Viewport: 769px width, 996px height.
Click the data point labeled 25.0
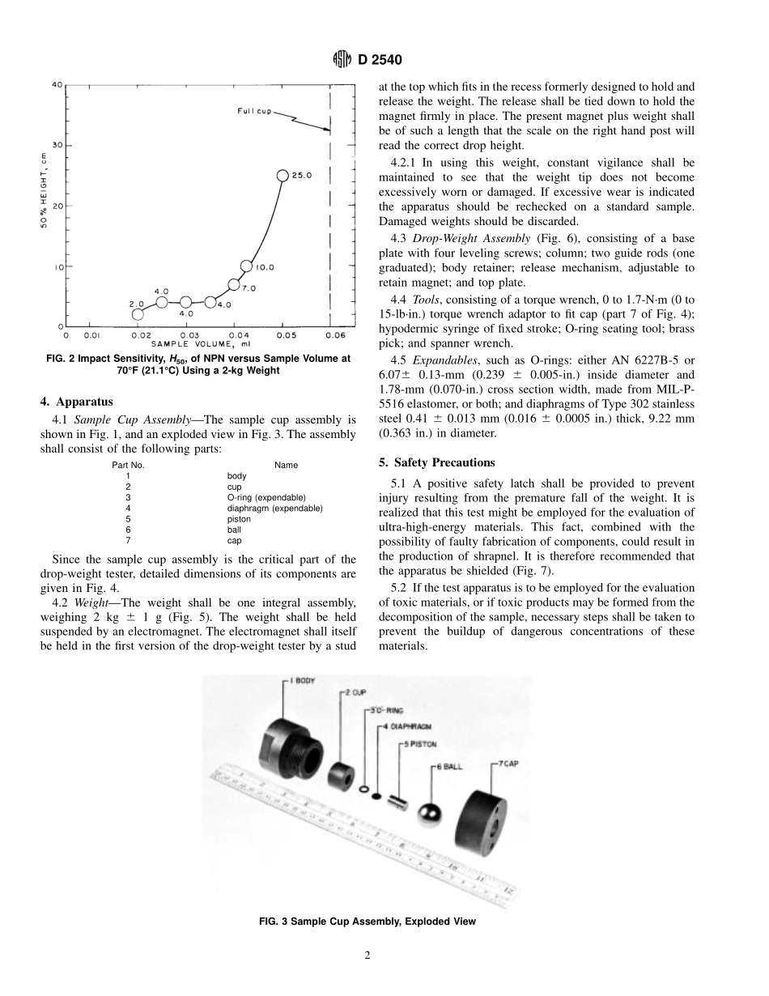[283, 175]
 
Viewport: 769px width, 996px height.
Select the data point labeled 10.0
[247, 266]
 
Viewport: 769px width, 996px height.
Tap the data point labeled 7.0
[234, 284]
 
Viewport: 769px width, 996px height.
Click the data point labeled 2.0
[138, 314]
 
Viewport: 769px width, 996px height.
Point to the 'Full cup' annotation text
[254, 111]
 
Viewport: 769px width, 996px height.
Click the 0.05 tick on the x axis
[283, 334]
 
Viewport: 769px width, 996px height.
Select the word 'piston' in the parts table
[239, 518]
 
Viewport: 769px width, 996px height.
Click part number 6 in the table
[128, 529]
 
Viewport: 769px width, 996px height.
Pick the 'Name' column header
[286, 465]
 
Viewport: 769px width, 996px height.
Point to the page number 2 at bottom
[367, 956]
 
